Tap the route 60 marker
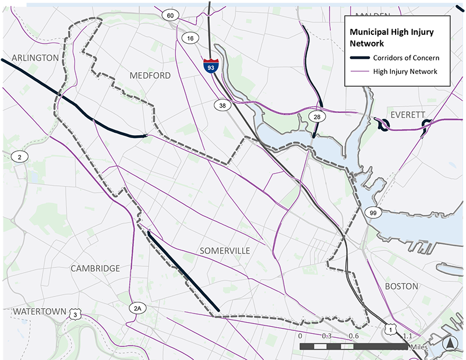(170, 15)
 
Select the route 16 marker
(190, 38)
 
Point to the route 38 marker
(221, 105)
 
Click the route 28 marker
(317, 118)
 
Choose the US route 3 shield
(75, 315)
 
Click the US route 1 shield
(389, 330)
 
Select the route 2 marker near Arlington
(19, 157)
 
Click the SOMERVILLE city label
(225, 250)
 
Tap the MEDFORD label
(150, 76)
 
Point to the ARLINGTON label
(35, 58)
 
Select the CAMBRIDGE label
(95, 269)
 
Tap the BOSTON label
(401, 286)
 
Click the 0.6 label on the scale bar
(353, 336)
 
